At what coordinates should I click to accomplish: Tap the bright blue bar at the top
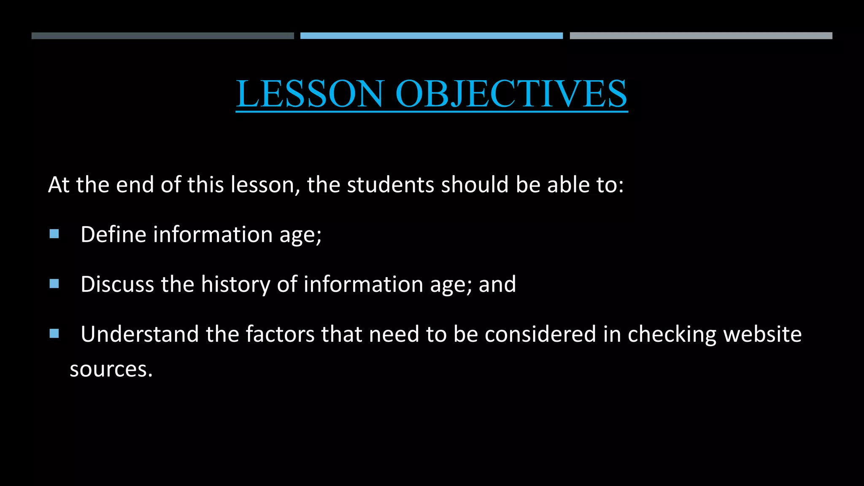[x=431, y=36]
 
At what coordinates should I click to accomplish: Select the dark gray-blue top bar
[x=162, y=36]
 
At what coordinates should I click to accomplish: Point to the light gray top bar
[x=701, y=36]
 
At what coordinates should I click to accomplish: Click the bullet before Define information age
[x=54, y=234]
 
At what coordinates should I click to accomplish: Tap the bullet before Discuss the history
[x=54, y=283]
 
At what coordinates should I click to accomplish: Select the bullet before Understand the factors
[x=54, y=334]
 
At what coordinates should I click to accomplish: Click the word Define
[x=113, y=235]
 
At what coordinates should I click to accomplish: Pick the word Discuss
[x=117, y=284]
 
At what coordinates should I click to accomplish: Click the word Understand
[x=140, y=334]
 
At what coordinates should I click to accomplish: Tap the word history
[x=235, y=284]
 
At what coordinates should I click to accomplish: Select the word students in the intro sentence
[x=390, y=185]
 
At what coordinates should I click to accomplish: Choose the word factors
[x=280, y=334]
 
